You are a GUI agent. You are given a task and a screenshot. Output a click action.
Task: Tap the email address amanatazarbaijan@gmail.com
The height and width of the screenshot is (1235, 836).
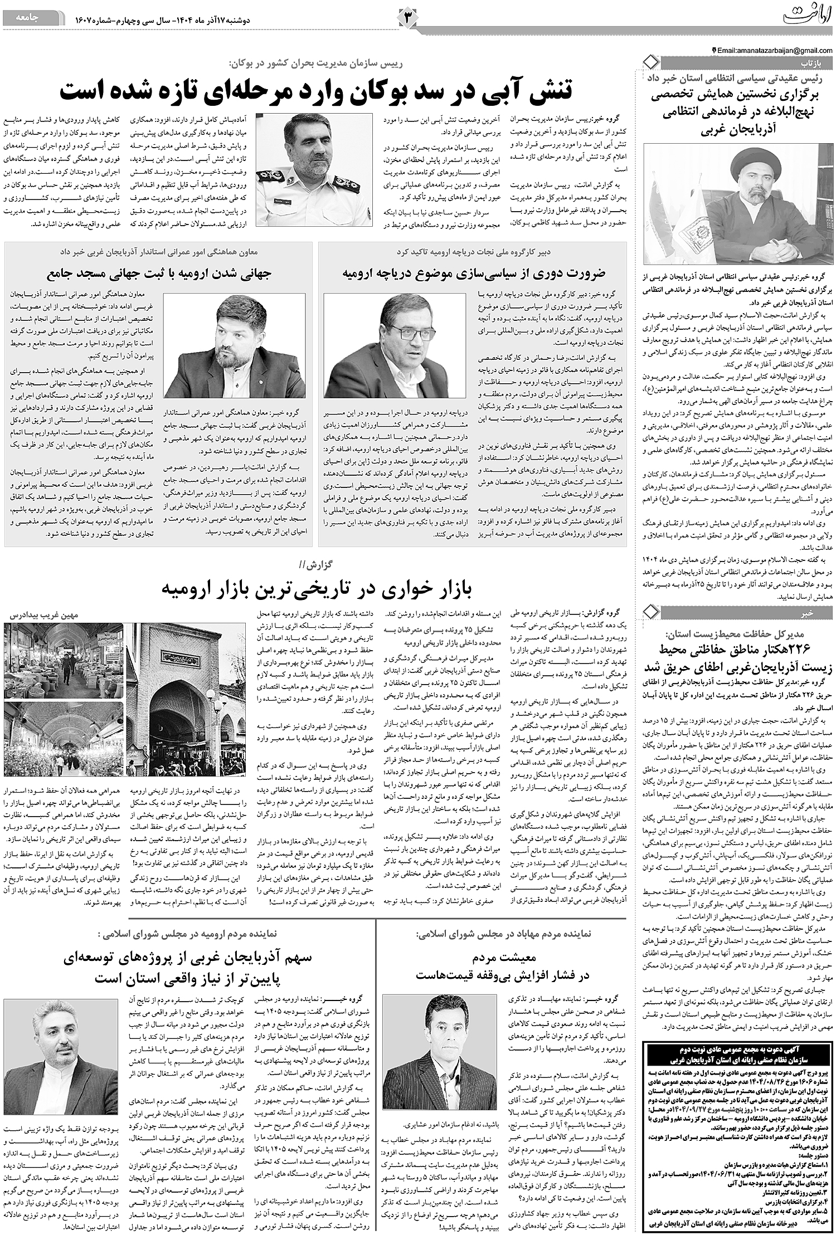tap(775, 50)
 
